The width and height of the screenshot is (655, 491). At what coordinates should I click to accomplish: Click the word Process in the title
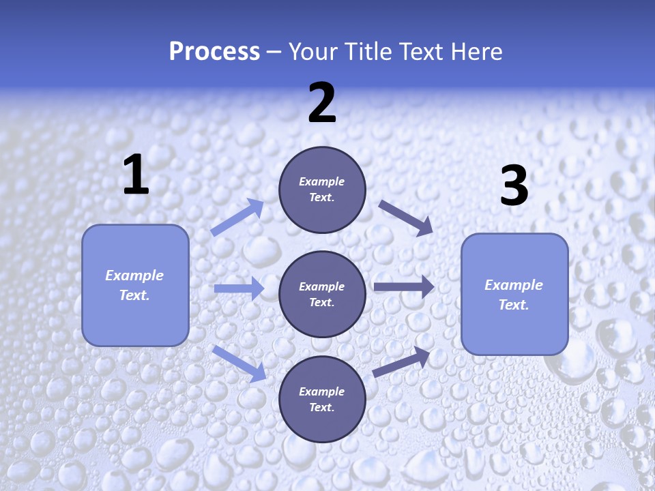point(214,52)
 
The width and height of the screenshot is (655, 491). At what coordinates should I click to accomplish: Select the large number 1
point(136,175)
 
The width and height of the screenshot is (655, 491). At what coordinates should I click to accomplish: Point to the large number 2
point(322,103)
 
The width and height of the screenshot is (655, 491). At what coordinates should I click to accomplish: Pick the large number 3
point(514,185)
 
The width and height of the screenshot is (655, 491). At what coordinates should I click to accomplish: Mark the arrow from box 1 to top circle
point(237,217)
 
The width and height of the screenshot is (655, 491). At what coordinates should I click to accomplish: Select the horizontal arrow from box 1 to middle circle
point(239,288)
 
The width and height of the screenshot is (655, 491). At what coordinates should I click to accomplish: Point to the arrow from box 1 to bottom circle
point(239,363)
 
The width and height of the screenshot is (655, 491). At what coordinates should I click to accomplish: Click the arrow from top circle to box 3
point(406,218)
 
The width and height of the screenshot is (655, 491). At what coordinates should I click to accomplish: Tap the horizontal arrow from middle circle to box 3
point(404,286)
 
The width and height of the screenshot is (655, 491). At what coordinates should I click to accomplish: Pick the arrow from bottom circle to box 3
point(402,362)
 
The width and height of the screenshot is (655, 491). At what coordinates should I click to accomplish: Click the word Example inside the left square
point(134,276)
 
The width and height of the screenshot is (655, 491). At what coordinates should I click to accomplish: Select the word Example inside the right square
point(514,285)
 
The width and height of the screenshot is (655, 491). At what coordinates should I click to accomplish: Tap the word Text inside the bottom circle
point(321,408)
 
